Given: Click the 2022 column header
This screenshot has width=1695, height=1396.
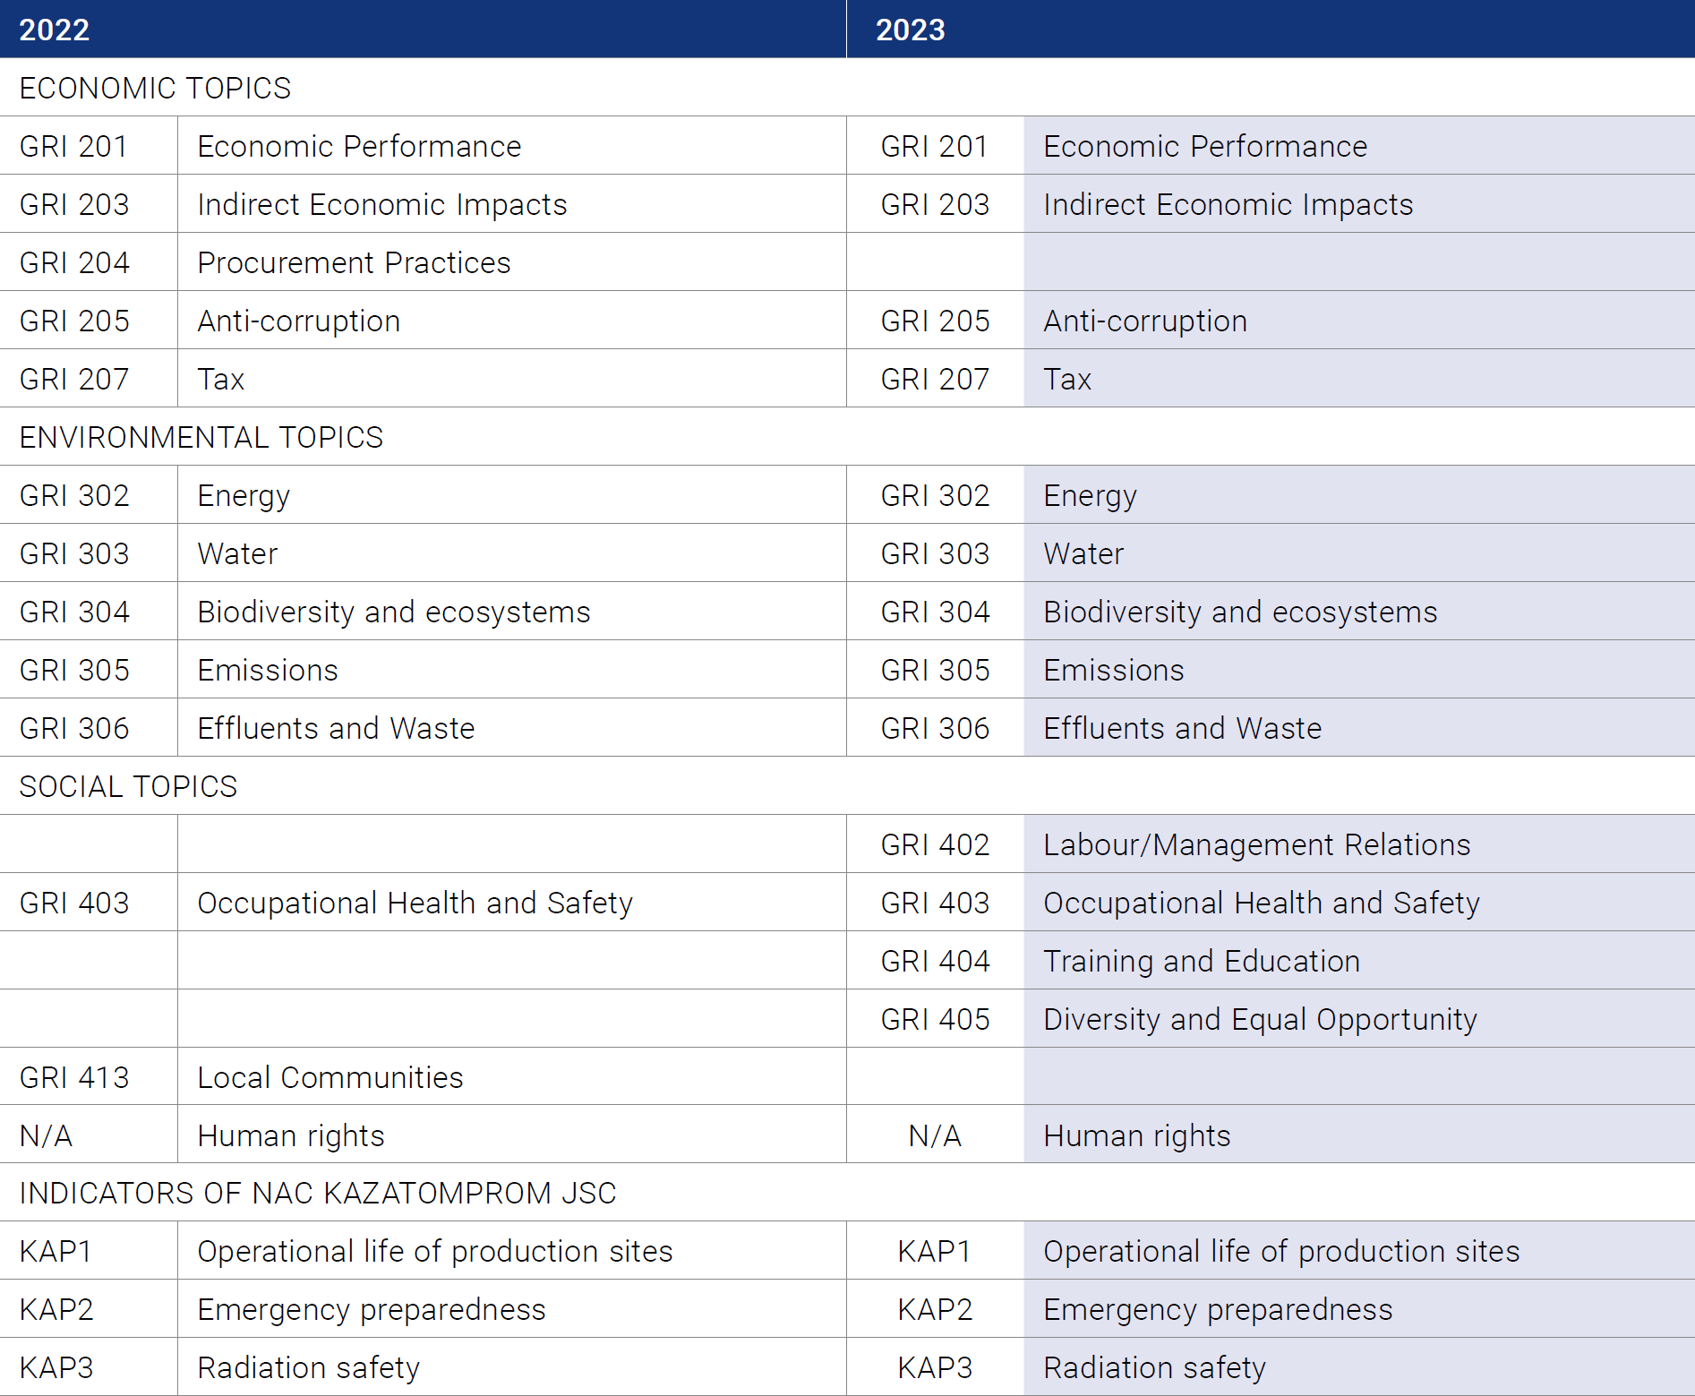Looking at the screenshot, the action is point(55,30).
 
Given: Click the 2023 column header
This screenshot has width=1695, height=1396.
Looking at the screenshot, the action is point(910,30).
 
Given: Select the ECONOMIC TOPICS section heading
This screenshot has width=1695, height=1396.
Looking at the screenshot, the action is point(155,88).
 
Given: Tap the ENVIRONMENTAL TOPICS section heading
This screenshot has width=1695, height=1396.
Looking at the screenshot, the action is point(201,437).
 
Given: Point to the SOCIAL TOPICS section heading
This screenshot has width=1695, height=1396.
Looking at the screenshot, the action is point(128,786).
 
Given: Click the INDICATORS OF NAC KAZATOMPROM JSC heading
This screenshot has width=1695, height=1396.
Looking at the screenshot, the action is point(318,1193).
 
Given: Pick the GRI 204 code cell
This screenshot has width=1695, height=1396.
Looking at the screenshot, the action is point(74,262).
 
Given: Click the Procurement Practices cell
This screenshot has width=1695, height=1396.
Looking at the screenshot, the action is point(354,262).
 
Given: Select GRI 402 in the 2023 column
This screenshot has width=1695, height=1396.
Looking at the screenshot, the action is point(935,844).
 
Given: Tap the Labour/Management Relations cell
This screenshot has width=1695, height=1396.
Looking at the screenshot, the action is point(1257,844).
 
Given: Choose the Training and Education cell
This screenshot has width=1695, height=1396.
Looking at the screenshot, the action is point(1202,961).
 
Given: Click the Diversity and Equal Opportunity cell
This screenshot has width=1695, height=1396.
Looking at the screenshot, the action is point(1261,1019).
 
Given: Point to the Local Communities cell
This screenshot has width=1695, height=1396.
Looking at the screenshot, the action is point(330,1077).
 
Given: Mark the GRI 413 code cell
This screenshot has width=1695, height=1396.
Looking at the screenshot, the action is point(74,1077).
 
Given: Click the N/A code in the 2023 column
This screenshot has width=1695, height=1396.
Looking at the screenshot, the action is point(935,1135).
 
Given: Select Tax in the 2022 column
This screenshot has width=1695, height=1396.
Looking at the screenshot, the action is point(221,379).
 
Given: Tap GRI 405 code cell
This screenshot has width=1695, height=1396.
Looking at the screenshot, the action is point(935,1019).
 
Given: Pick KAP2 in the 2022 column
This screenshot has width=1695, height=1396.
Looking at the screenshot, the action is point(56,1309).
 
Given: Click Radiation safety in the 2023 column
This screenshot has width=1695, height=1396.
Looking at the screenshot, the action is point(1155,1367).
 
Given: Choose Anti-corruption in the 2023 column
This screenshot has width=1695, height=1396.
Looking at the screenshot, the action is point(1145,321).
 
